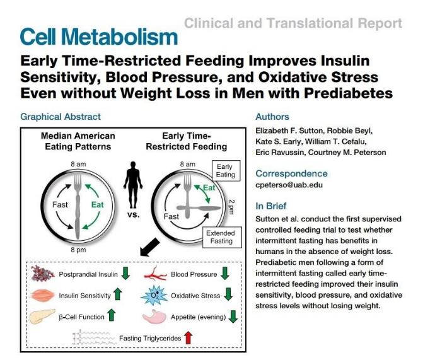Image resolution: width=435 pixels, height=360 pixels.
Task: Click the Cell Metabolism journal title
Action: click(98, 37)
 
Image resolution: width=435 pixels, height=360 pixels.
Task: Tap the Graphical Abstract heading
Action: click(61, 117)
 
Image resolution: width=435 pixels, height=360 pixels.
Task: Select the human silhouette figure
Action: click(132, 180)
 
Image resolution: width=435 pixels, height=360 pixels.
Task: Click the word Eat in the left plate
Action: click(98, 205)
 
